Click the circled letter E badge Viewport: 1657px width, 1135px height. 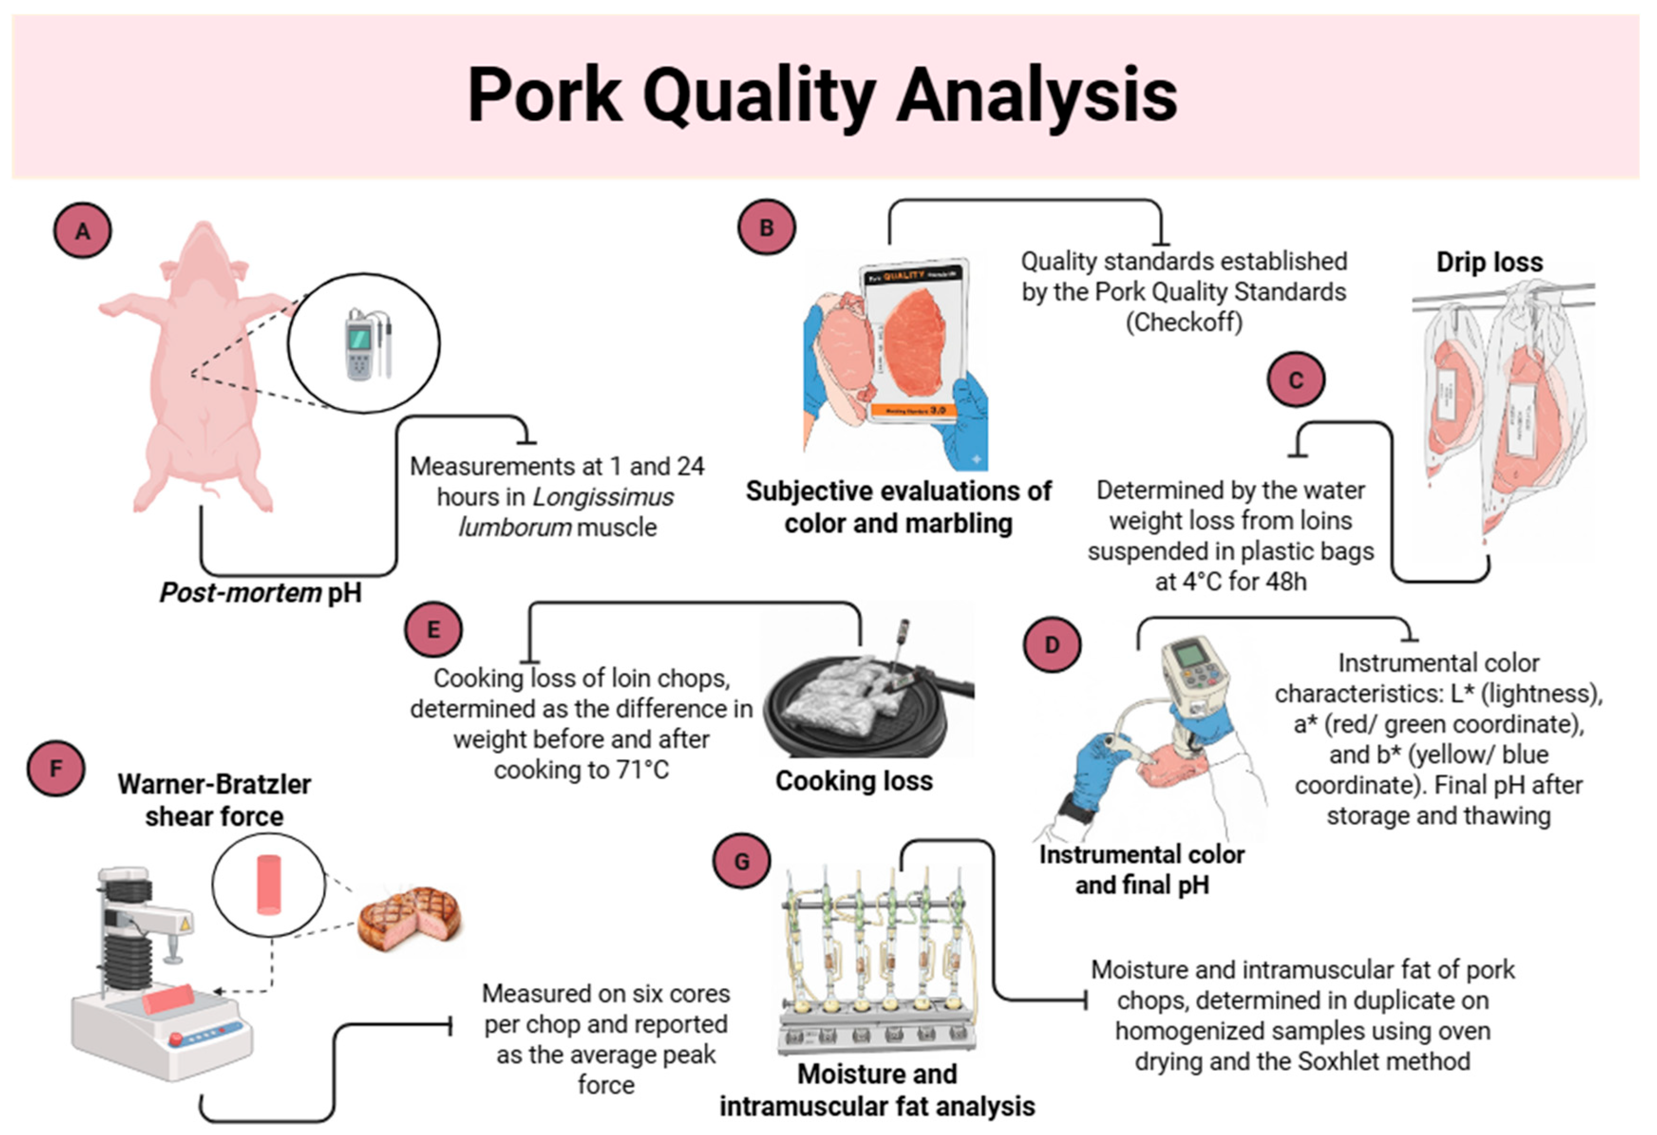(433, 629)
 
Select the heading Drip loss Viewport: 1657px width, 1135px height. (1489, 263)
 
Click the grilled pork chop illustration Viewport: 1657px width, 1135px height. (409, 919)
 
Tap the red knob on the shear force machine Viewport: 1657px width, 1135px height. (175, 1039)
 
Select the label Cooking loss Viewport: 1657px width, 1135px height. (854, 781)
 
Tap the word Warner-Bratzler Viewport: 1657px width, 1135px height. (214, 784)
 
